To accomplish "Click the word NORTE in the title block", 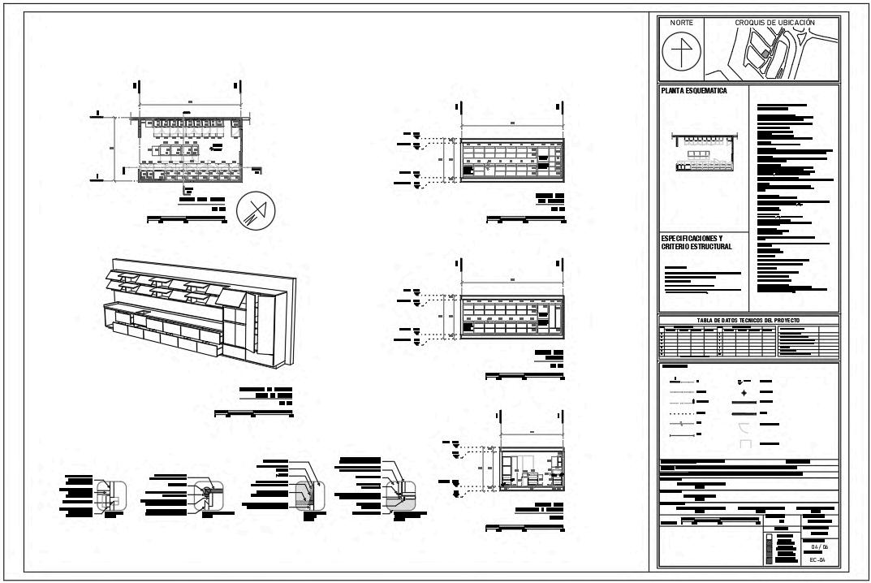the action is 681,23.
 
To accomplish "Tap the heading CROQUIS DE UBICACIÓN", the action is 774,23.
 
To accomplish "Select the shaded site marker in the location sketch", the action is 764,54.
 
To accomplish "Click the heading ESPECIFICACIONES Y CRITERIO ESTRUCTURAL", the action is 696,242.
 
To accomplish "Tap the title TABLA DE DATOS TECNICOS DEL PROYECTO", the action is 748,320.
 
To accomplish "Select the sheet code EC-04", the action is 816,560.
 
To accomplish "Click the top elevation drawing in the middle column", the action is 511,160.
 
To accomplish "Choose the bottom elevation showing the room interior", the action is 533,469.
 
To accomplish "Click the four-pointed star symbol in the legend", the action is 743,393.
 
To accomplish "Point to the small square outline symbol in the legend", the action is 745,444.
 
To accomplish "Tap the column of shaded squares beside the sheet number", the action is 770,549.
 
